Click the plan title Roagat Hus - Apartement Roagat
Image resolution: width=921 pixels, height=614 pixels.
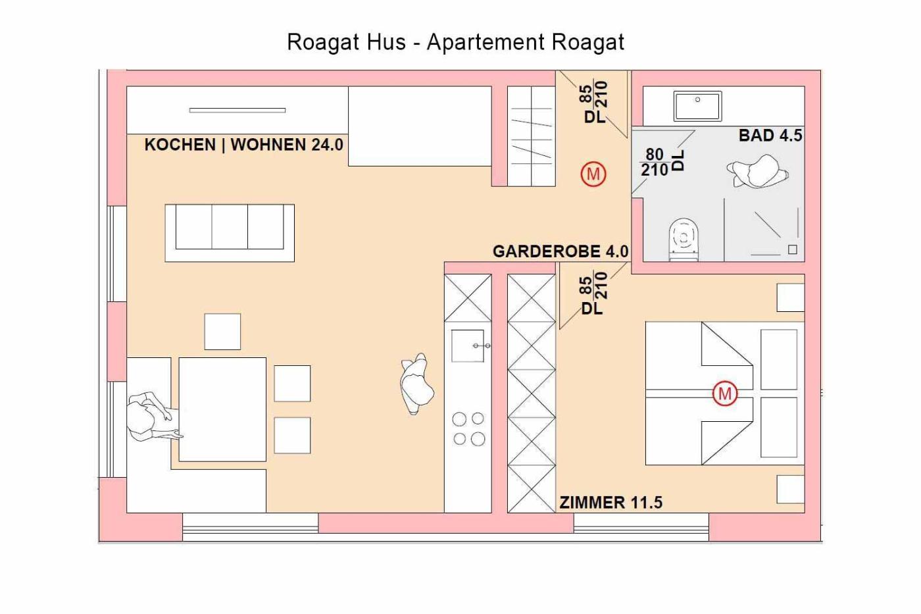[x=455, y=42]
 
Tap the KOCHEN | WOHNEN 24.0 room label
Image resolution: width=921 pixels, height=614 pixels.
[x=244, y=145]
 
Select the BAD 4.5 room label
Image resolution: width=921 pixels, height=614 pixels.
[x=770, y=136]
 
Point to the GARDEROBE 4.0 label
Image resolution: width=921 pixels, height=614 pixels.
[x=560, y=251]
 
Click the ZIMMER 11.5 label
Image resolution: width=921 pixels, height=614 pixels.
[x=611, y=503]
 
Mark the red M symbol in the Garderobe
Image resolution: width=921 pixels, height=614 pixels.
[x=593, y=174]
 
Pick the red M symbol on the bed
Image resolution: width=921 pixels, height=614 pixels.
[x=724, y=394]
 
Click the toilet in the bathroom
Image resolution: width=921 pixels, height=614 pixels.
[x=684, y=240]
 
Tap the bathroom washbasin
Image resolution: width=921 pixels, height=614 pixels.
[x=697, y=106]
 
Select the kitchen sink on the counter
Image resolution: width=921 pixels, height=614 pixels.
[x=468, y=345]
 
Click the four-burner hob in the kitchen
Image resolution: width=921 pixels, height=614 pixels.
[x=468, y=429]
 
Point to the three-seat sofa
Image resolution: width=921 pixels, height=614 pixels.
[x=230, y=233]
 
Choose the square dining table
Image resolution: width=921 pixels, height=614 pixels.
[x=222, y=409]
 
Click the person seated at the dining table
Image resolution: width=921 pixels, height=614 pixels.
[x=152, y=417]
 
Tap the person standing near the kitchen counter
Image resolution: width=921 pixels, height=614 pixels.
[x=416, y=384]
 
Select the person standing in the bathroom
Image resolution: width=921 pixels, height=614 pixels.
[x=757, y=171]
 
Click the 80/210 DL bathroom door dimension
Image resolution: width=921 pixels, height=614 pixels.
[x=662, y=162]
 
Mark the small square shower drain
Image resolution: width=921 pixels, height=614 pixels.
[x=792, y=249]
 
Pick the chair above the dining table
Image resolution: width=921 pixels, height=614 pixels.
[x=222, y=332]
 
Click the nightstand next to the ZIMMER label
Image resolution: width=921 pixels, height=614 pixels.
[x=790, y=489]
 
